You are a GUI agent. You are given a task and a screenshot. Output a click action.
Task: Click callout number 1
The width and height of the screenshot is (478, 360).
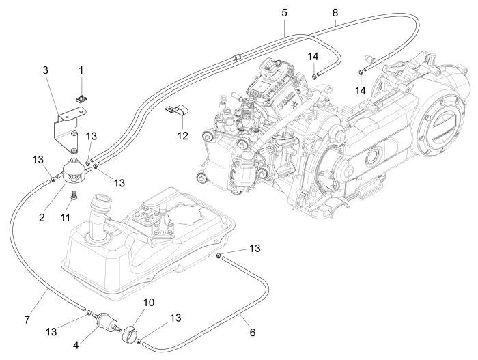[x=81, y=70]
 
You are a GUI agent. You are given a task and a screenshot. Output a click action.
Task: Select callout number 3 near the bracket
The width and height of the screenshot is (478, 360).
[x=46, y=70]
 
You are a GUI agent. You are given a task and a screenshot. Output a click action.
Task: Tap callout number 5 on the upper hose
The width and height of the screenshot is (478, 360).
[x=283, y=13]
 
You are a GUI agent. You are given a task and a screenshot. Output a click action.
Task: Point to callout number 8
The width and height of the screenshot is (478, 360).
[x=335, y=13]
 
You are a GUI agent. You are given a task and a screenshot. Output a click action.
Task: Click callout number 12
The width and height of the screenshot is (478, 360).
[x=182, y=135]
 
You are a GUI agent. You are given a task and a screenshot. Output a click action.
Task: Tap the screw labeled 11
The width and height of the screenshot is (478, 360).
[x=72, y=197]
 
